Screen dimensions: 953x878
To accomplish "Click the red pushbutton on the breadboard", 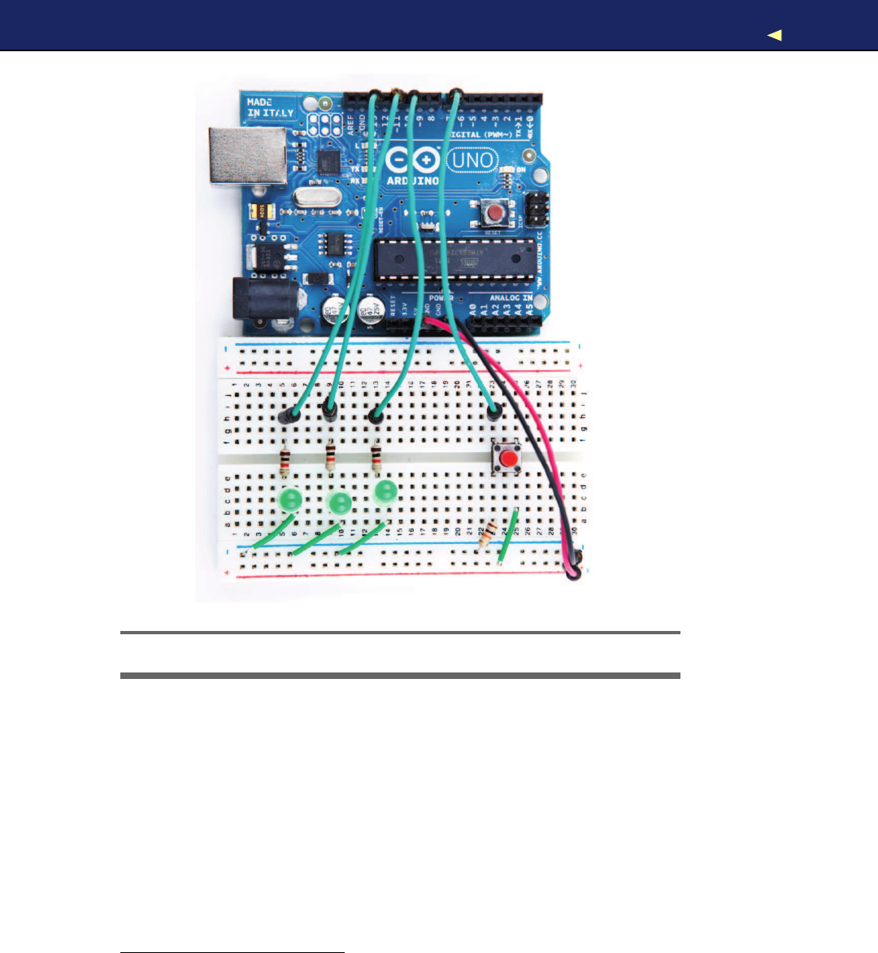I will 509,459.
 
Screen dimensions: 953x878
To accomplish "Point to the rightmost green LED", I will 385,491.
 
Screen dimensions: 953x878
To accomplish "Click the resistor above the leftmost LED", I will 284,463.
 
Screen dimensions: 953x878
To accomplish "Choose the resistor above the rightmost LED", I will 376,458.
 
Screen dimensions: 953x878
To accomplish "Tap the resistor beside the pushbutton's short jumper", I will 486,537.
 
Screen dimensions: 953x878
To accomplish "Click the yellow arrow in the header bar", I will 775,35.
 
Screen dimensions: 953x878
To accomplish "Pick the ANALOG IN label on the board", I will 511,299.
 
